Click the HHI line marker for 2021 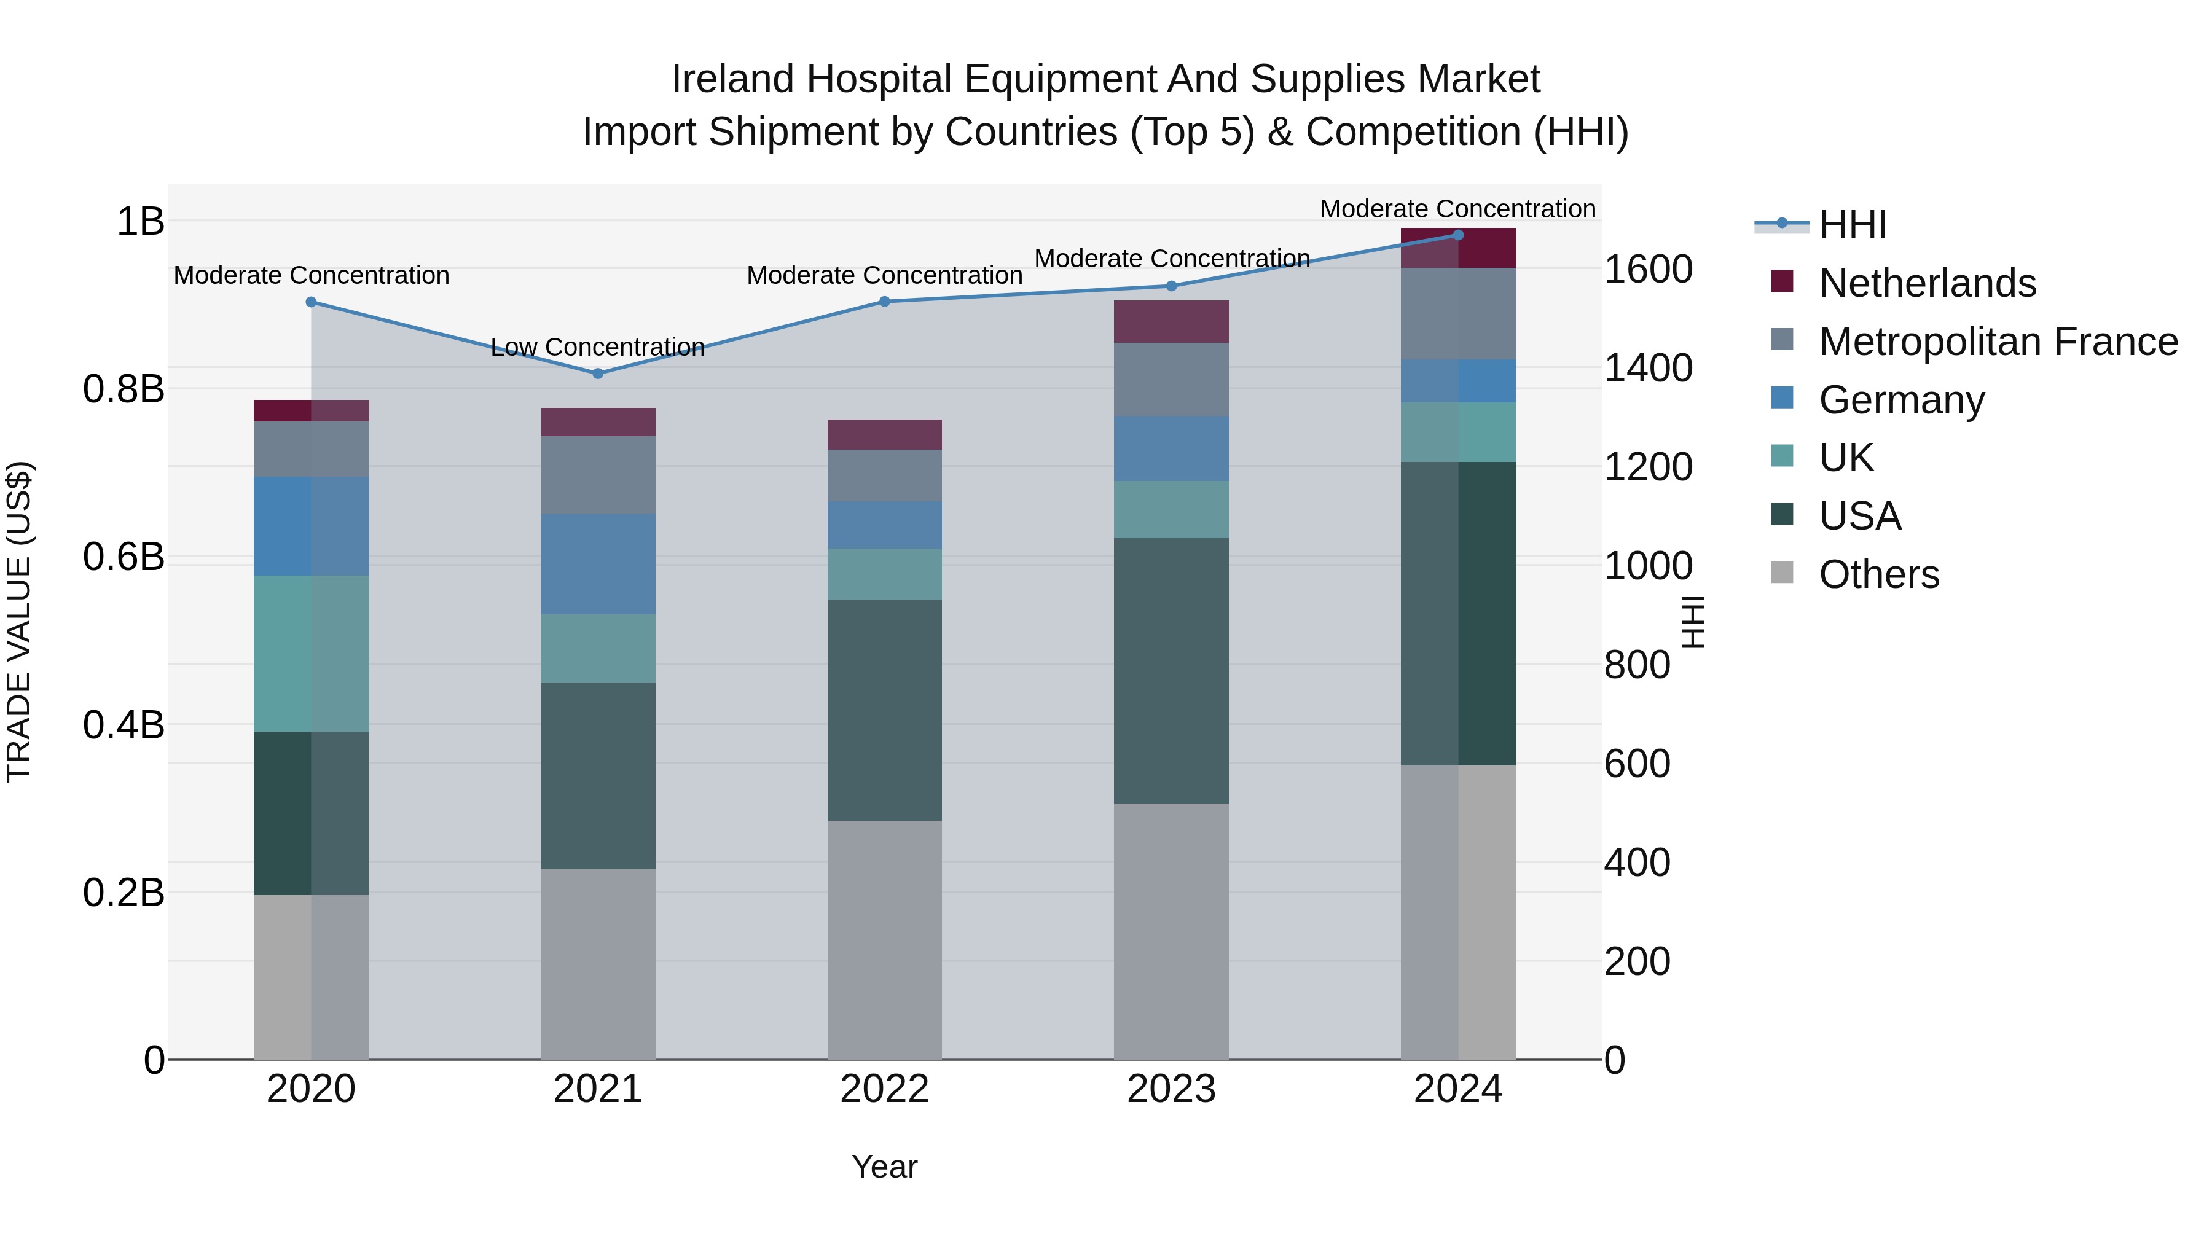pos(598,374)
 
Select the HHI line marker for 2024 pos(1458,235)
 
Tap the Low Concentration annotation pos(598,347)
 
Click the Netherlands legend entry pos(1927,283)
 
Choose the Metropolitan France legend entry pos(1998,342)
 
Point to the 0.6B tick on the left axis pos(124,557)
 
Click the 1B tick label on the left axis pos(140,222)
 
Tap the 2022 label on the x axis pos(884,1089)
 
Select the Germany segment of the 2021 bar pos(598,563)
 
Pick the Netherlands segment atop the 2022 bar pos(884,434)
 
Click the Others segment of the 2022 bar pos(884,939)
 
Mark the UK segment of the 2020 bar pos(311,654)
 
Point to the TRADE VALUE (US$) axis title pos(19,622)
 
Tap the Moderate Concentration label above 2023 pos(1171,259)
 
